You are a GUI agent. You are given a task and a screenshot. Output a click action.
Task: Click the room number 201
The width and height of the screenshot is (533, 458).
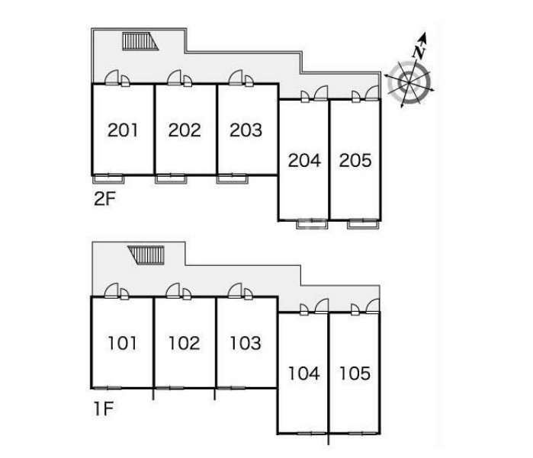tap(123, 130)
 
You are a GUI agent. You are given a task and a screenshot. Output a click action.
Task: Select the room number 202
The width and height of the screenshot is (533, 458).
tap(185, 130)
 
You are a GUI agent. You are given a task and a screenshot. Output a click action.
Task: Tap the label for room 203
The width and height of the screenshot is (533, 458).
tap(246, 130)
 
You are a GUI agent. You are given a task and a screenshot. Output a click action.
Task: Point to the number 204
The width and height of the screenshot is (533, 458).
tap(304, 160)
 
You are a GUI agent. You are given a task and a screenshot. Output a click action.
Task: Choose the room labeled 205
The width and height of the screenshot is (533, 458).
tap(355, 160)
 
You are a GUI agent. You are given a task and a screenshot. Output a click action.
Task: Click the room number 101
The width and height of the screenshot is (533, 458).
tap(122, 343)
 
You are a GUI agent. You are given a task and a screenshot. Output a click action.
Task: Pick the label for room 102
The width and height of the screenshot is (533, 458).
tap(185, 343)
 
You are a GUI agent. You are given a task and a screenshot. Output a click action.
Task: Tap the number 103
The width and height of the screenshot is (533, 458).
tap(246, 343)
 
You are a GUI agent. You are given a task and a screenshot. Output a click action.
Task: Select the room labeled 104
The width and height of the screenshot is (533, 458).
tap(304, 373)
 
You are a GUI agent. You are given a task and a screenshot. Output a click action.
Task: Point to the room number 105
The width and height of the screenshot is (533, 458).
tap(355, 373)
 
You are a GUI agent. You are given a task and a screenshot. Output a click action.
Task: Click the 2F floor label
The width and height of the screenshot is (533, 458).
tap(104, 199)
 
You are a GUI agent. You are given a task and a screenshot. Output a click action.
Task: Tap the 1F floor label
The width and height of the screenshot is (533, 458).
tap(104, 408)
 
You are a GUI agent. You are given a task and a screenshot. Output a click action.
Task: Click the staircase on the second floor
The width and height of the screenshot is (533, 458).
tap(140, 41)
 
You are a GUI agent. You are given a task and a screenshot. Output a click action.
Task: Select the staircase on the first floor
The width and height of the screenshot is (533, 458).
tap(147, 255)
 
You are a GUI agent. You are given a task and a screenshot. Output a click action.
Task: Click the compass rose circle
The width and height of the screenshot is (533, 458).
tap(410, 82)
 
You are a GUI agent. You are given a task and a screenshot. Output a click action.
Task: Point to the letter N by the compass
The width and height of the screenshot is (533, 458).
tap(419, 53)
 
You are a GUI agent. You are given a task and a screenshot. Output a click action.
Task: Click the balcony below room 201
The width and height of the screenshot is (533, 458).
tap(108, 179)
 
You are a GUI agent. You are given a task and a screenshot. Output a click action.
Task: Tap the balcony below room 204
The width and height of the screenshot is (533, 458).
tap(312, 224)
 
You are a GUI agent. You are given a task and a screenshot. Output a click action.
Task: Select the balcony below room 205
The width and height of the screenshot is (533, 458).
tap(363, 224)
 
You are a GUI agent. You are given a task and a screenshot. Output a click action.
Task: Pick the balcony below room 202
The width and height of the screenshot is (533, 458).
tap(171, 179)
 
